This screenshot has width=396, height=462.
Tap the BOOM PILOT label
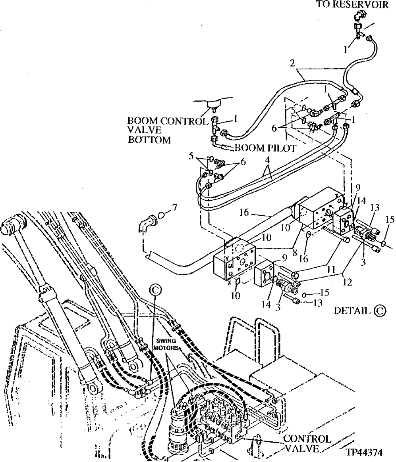(265, 148)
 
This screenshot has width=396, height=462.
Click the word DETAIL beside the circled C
(351, 311)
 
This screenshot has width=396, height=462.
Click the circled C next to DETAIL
(379, 311)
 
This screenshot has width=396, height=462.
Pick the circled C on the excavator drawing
(155, 290)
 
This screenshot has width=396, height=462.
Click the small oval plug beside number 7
(161, 215)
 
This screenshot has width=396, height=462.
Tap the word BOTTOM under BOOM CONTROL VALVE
(149, 140)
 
